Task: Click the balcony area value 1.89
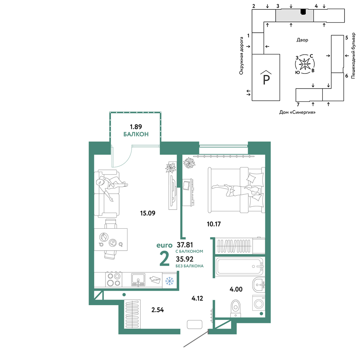136,127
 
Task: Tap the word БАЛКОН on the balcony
136,134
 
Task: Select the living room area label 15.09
148,213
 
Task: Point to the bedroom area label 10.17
214,224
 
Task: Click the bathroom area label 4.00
236,289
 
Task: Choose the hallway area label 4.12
197,298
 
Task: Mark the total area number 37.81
185,245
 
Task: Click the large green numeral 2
165,259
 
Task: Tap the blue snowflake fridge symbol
170,280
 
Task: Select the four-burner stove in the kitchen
114,279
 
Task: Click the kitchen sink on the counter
138,280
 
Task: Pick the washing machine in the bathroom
259,303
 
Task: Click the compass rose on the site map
305,64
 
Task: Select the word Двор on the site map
302,40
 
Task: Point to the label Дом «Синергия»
297,112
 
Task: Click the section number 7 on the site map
298,105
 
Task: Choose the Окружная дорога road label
241,56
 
